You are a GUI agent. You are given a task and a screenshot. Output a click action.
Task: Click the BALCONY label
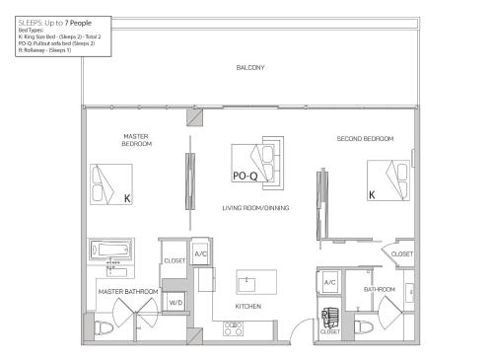pyautogui.click(x=249, y=67)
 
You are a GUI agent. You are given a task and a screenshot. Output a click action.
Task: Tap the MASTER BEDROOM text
pyautogui.click(x=136, y=140)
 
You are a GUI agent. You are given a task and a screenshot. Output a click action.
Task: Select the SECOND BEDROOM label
pyautogui.click(x=365, y=139)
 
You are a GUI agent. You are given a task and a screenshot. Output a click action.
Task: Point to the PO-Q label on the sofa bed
pyautogui.click(x=245, y=177)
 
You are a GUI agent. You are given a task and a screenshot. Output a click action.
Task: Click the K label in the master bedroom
pyautogui.click(x=127, y=197)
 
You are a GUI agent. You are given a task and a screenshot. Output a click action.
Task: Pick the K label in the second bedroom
pyautogui.click(x=372, y=195)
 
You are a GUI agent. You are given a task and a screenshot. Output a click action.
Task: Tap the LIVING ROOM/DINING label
pyautogui.click(x=255, y=208)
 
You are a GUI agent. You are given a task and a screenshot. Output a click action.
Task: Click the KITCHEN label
pyautogui.click(x=248, y=307)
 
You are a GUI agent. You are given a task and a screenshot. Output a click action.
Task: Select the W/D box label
pyautogui.click(x=176, y=303)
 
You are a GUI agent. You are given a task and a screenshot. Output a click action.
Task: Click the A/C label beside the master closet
pyautogui.click(x=200, y=254)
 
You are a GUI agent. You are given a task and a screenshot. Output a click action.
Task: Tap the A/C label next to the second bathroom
pyautogui.click(x=330, y=283)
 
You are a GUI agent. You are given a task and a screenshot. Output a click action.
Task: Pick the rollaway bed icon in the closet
pyautogui.click(x=330, y=318)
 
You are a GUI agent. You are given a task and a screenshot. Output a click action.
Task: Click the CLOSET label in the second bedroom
pyautogui.click(x=402, y=254)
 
